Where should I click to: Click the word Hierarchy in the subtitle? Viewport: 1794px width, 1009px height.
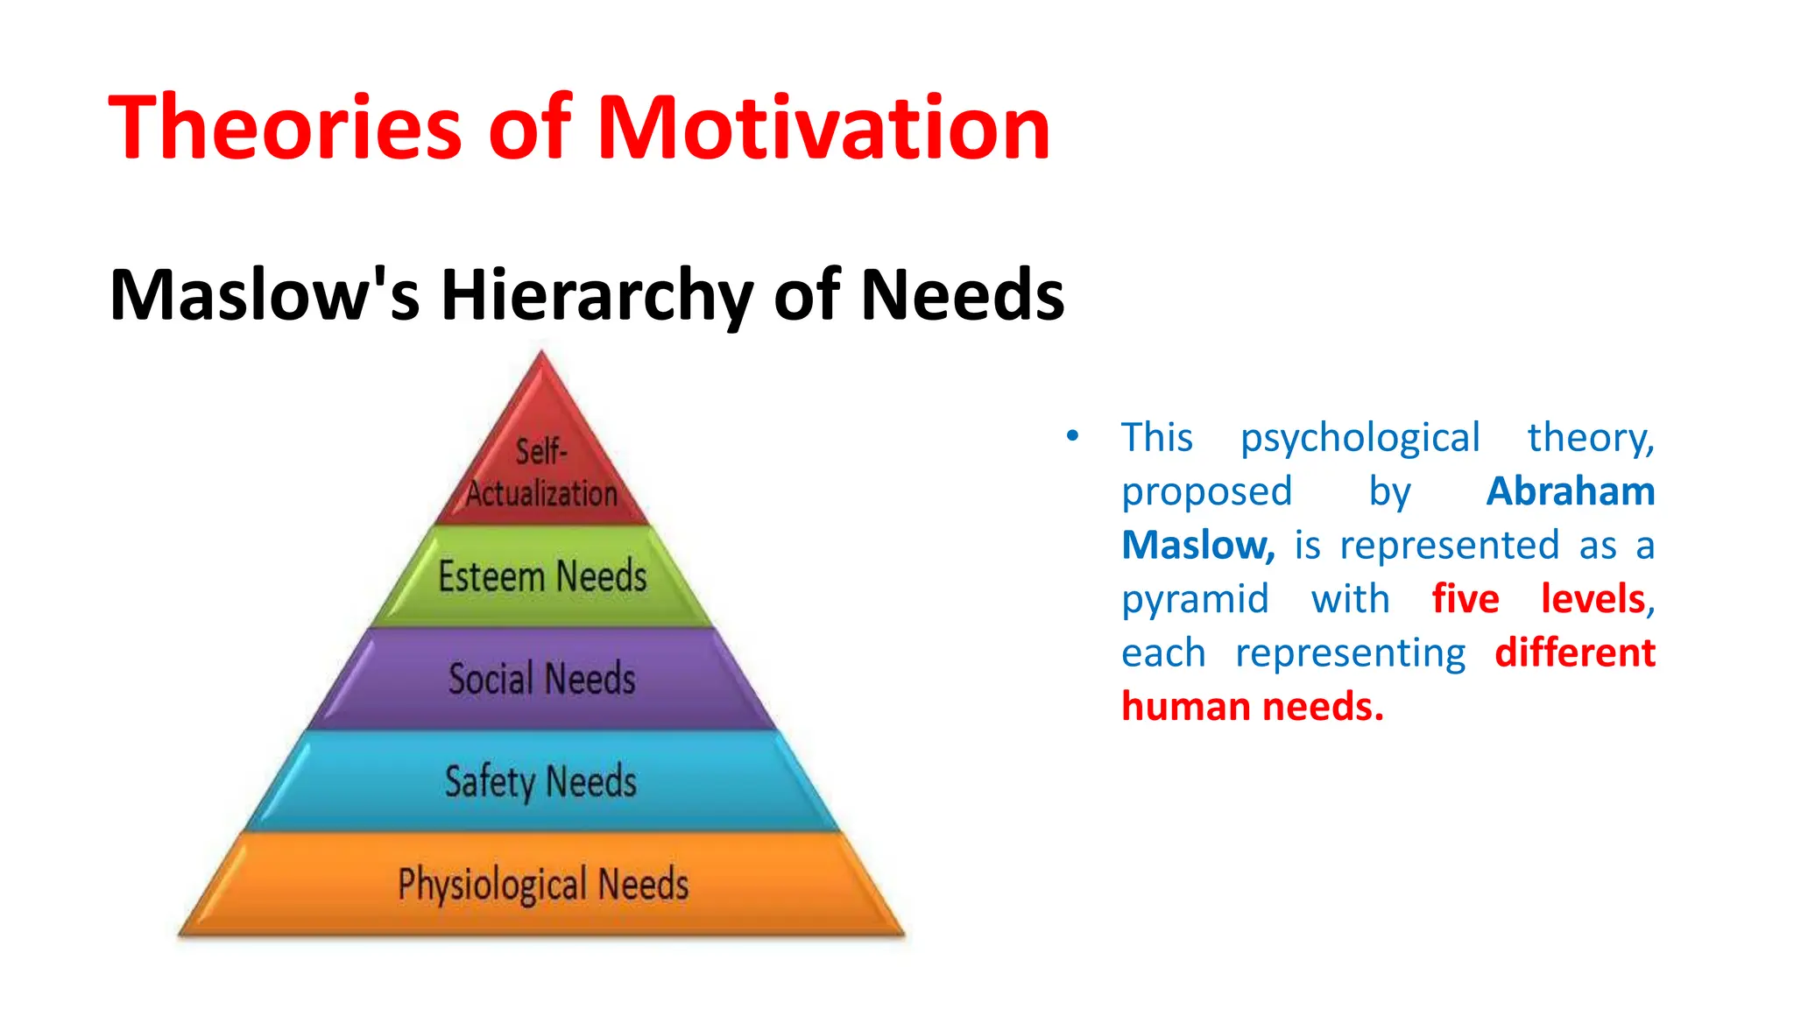pos(596,295)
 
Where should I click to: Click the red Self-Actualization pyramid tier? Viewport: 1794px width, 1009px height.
pos(541,473)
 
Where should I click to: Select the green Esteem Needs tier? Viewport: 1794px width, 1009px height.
pos(542,576)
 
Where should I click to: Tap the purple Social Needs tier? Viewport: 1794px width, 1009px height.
pos(542,679)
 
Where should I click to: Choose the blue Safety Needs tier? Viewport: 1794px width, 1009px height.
pos(541,781)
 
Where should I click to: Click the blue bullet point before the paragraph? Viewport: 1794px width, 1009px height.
pos(1072,435)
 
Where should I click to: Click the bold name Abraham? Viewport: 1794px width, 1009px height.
pos(1570,491)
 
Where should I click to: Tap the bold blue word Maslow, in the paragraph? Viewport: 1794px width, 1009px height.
pos(1197,545)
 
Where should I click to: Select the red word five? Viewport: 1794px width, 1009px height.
pos(1465,599)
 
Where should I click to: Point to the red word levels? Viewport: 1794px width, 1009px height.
pos(1593,599)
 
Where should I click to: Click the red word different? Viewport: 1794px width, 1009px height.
pos(1574,653)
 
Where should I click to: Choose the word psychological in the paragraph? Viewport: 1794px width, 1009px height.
pos(1360,438)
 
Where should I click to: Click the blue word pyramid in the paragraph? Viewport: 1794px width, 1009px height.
pos(1195,601)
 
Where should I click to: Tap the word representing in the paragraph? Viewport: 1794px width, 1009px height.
pos(1350,654)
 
